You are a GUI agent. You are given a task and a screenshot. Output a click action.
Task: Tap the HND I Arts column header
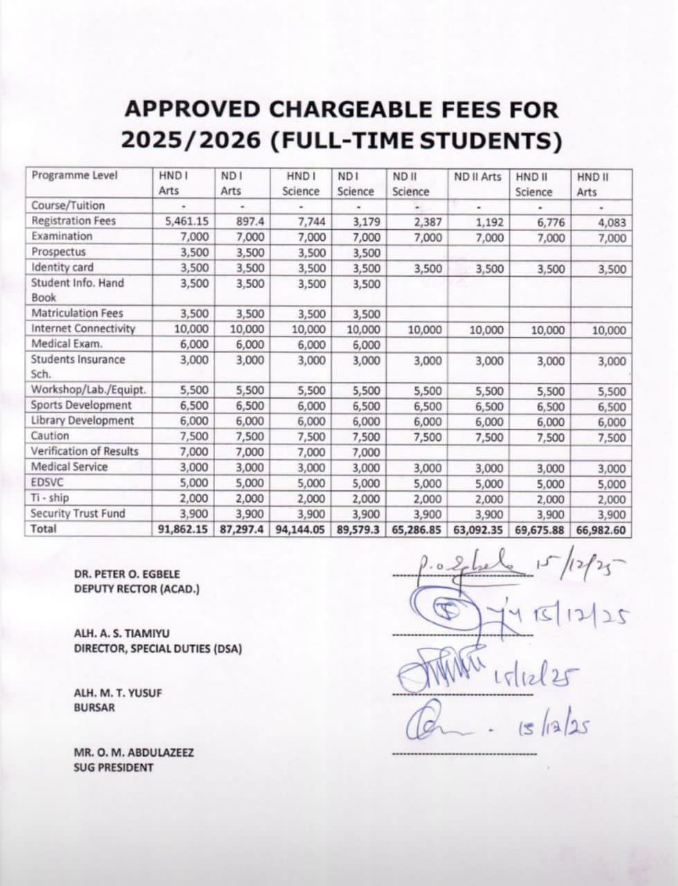click(x=169, y=183)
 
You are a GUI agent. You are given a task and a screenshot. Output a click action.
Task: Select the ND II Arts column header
click(x=477, y=177)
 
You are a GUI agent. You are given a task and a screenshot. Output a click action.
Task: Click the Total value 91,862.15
click(x=182, y=530)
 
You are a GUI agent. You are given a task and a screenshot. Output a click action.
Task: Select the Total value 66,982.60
click(x=600, y=530)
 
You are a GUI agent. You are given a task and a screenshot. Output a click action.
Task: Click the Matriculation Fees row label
click(x=77, y=313)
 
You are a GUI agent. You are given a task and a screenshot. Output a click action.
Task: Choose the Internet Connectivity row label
click(x=83, y=328)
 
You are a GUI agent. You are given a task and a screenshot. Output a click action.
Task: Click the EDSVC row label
click(x=47, y=482)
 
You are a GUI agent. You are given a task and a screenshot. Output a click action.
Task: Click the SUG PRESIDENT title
click(x=113, y=767)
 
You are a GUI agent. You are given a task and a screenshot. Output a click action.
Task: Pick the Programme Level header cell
click(x=75, y=175)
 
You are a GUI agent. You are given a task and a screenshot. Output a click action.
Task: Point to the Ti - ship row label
click(x=50, y=498)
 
